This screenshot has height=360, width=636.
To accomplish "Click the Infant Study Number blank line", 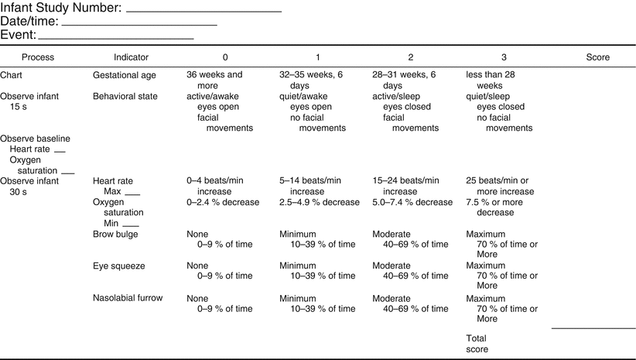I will (x=203, y=11).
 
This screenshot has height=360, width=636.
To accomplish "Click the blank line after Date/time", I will (x=143, y=25).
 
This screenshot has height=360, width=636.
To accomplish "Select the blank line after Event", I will (x=116, y=38).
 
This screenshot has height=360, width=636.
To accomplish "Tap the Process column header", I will (x=38, y=57).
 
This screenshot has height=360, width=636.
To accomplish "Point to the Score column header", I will (x=597, y=57).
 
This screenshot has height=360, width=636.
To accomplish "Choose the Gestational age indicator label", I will (x=124, y=76).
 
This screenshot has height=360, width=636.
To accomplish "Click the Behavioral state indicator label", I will (x=125, y=96).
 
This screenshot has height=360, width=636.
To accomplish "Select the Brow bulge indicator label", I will (x=115, y=234).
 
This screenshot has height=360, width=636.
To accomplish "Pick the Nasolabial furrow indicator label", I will (x=127, y=297).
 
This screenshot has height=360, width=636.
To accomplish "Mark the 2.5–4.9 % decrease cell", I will (x=319, y=202).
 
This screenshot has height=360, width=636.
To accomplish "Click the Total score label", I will (x=477, y=344).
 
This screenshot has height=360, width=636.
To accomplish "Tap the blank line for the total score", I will (x=593, y=327).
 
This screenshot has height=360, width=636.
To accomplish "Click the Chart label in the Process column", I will (x=12, y=76).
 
